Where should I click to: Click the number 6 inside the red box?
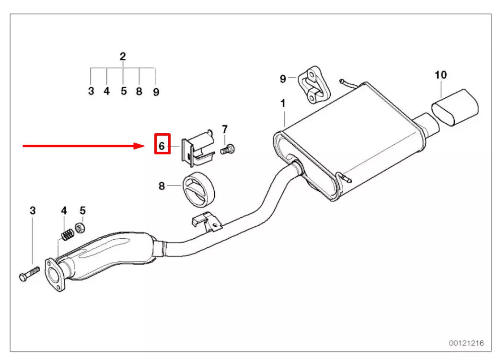[162, 145]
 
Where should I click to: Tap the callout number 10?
[440, 75]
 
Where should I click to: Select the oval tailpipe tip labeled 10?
[457, 107]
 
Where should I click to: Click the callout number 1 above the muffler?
[283, 103]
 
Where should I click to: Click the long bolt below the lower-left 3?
[29, 275]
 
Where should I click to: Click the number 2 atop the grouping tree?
[123, 57]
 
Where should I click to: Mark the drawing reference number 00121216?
[466, 343]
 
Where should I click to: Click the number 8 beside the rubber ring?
[162, 186]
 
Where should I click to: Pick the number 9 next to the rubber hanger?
[283, 78]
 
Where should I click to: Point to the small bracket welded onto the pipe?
[206, 221]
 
